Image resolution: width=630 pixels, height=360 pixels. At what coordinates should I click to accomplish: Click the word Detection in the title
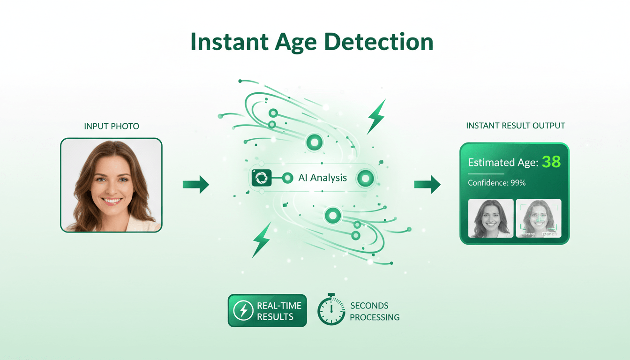[379, 42]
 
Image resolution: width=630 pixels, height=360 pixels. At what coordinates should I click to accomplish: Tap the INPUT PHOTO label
[112, 126]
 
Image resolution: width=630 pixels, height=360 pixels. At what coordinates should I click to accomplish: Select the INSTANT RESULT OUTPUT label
[516, 126]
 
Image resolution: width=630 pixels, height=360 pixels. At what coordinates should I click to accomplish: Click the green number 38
[551, 162]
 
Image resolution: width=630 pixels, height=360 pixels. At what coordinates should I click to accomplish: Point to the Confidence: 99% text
[497, 183]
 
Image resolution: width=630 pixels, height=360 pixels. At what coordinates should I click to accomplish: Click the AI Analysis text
[322, 178]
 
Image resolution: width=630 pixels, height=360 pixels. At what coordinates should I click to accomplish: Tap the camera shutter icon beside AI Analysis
[262, 178]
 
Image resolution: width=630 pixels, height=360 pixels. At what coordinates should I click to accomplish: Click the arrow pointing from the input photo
[195, 184]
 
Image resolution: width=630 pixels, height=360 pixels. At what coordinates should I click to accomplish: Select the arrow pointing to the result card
[427, 184]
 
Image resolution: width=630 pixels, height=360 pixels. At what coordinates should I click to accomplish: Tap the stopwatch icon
[331, 310]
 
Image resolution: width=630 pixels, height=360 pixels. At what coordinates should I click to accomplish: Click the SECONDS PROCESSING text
[375, 311]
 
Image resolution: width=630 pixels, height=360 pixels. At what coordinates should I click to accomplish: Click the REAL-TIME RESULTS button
[267, 311]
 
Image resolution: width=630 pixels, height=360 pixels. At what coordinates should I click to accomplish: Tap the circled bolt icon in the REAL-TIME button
[243, 311]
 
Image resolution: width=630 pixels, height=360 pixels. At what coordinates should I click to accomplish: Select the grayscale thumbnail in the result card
[491, 218]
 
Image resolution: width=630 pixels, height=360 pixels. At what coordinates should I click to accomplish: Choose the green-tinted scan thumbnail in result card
[539, 218]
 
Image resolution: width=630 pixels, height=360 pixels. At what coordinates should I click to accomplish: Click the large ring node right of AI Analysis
[365, 178]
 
